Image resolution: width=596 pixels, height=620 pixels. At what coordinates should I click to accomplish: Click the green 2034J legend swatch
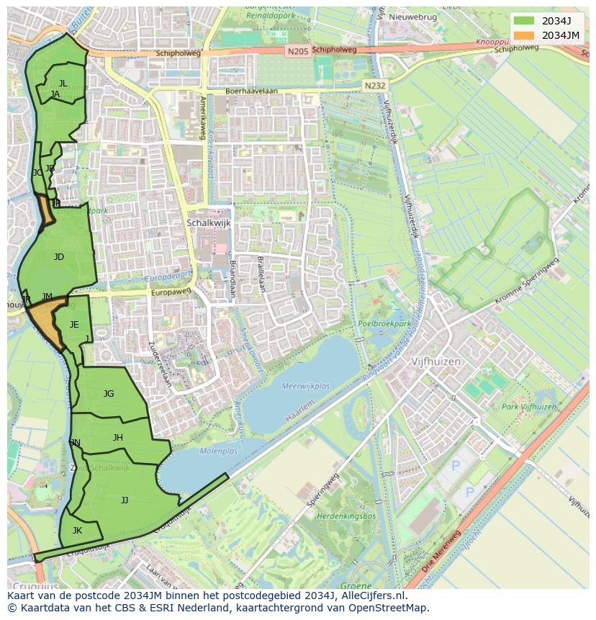click(525, 20)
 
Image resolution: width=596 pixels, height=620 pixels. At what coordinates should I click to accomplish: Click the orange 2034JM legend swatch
click(525, 35)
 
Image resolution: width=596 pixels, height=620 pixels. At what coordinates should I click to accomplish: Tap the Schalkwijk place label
click(208, 223)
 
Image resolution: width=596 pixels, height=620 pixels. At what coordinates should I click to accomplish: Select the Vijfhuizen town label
click(435, 361)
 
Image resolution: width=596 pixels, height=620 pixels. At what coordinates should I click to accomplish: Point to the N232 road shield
click(374, 85)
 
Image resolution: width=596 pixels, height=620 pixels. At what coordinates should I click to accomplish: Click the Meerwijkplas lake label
click(306, 387)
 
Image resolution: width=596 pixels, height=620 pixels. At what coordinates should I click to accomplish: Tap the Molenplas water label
click(218, 451)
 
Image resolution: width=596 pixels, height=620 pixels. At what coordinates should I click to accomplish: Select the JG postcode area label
click(109, 394)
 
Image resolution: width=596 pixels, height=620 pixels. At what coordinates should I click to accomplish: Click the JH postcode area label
click(118, 438)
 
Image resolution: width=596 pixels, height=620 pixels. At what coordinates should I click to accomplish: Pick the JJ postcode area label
click(125, 500)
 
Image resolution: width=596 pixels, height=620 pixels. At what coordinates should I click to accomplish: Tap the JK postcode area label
click(77, 531)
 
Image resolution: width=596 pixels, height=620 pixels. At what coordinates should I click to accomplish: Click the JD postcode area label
click(59, 257)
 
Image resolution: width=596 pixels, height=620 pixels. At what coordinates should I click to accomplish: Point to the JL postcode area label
click(63, 84)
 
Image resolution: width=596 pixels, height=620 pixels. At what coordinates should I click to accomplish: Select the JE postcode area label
click(74, 325)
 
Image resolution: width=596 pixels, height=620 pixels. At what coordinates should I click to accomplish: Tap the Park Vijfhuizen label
click(529, 408)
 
